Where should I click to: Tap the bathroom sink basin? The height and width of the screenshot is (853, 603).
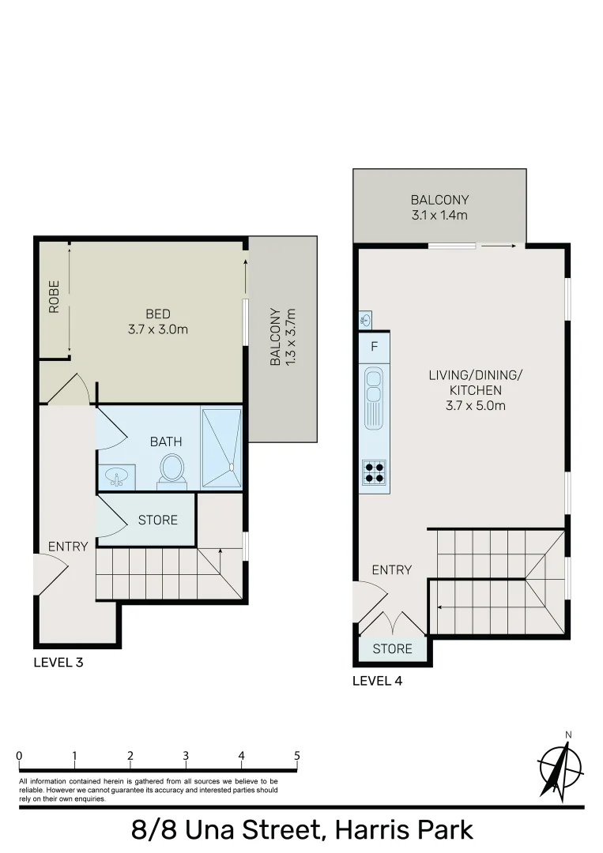pyautogui.click(x=117, y=477)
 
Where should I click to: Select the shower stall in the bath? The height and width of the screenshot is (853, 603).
pyautogui.click(x=221, y=449)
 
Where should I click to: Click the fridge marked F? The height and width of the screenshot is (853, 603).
pyautogui.click(x=374, y=346)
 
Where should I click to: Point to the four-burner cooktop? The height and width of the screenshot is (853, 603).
pyautogui.click(x=374, y=472)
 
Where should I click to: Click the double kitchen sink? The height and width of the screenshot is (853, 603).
pyautogui.click(x=374, y=399)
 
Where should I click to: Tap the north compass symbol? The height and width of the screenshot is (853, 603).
pyautogui.click(x=560, y=766)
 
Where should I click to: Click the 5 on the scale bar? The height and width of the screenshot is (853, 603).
pyautogui.click(x=297, y=756)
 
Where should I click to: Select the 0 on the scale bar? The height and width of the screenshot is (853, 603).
pyautogui.click(x=19, y=756)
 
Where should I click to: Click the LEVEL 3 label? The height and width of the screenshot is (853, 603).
pyautogui.click(x=58, y=663)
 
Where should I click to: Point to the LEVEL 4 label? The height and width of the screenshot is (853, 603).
pyautogui.click(x=378, y=680)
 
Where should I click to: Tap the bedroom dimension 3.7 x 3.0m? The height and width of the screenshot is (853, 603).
pyautogui.click(x=158, y=329)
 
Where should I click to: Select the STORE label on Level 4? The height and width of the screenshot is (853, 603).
pyautogui.click(x=392, y=648)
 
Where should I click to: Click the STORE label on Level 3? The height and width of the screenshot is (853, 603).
pyautogui.click(x=158, y=520)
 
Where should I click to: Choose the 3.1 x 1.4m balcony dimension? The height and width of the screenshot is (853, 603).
pyautogui.click(x=439, y=215)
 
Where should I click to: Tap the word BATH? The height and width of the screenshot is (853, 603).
pyautogui.click(x=166, y=442)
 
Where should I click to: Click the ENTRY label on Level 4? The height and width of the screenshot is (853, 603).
pyautogui.click(x=391, y=569)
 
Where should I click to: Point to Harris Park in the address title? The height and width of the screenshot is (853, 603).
pyautogui.click(x=404, y=830)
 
